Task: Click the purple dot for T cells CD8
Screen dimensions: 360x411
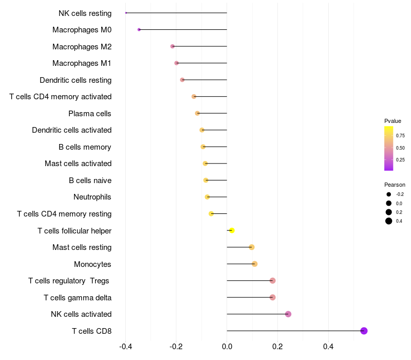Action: click(x=364, y=331)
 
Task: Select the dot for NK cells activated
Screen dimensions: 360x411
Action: click(x=288, y=314)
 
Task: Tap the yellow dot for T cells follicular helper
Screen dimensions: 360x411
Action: click(x=232, y=230)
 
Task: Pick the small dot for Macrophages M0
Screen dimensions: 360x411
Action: click(x=139, y=30)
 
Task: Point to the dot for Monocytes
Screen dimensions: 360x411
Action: click(x=254, y=264)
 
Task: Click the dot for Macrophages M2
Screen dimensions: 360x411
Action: click(x=173, y=46)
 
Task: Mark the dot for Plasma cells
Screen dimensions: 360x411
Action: click(x=197, y=113)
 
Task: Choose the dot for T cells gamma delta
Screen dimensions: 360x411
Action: click(x=272, y=297)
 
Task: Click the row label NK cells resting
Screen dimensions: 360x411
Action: click(x=85, y=13)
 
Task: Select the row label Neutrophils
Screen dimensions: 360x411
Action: click(x=92, y=197)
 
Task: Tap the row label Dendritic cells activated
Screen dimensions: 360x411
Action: click(x=71, y=130)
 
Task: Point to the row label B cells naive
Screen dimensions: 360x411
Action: click(x=90, y=181)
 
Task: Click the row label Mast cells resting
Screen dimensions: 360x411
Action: click(x=82, y=247)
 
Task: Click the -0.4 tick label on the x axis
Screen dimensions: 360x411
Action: click(x=126, y=347)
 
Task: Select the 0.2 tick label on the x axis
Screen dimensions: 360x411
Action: click(x=277, y=347)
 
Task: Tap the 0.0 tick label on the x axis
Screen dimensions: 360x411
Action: click(x=227, y=347)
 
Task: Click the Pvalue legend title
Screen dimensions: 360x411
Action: click(x=393, y=121)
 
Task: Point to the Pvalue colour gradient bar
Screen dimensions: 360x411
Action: click(x=389, y=148)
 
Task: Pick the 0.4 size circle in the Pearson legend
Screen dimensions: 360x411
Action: click(x=389, y=221)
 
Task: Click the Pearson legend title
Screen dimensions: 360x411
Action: click(x=395, y=185)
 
